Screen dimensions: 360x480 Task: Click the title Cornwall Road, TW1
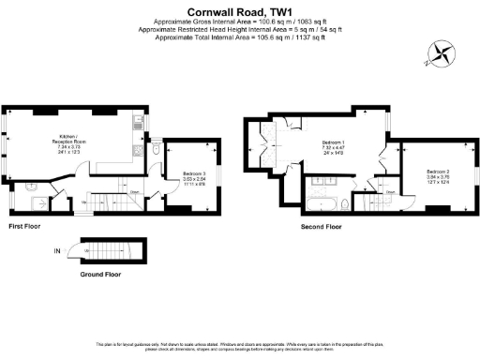[x=239, y=12]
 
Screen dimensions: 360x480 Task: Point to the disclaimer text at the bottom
[x=239, y=348]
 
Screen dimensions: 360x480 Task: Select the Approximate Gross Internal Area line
[x=239, y=22]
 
